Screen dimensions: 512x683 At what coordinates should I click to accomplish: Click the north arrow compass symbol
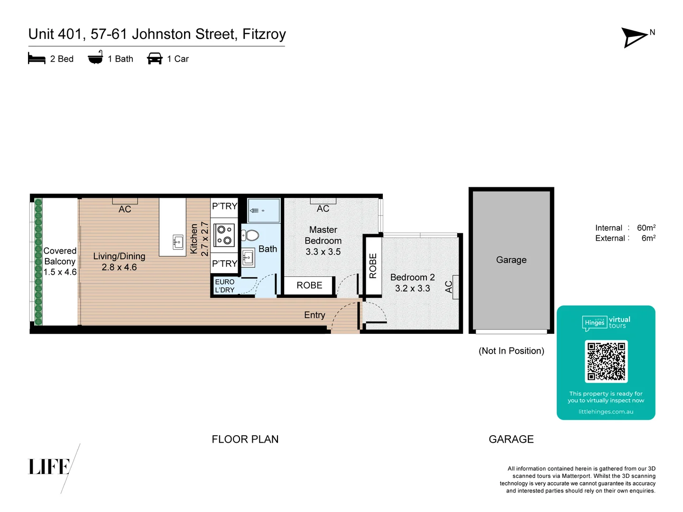[635, 37]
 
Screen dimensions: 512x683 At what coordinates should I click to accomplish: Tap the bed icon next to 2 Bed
[37, 59]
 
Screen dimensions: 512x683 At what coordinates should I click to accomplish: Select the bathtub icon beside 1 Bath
[95, 58]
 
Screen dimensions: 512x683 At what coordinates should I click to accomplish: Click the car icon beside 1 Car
[155, 59]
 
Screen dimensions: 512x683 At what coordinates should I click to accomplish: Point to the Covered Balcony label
[60, 261]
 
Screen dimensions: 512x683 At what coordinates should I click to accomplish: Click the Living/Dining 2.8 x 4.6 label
[119, 262]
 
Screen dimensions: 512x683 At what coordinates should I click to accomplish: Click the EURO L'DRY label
[225, 286]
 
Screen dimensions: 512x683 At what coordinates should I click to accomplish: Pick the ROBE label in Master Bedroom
[309, 285]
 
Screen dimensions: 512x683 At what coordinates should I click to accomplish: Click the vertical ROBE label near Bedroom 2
[373, 266]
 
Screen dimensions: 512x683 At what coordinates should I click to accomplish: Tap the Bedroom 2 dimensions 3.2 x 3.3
[412, 288]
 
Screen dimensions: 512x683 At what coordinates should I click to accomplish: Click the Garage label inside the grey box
[511, 260]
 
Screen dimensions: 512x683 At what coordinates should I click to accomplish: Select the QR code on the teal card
[606, 361]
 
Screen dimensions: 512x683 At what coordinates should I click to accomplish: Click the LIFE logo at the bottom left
[49, 467]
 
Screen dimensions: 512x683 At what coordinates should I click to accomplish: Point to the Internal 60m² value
[646, 228]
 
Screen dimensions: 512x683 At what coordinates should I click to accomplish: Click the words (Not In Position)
[511, 351]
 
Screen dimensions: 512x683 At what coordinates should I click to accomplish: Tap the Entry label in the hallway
[314, 315]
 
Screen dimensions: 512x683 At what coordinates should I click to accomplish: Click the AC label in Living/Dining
[125, 209]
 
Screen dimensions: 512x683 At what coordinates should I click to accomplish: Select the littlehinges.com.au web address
[606, 411]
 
